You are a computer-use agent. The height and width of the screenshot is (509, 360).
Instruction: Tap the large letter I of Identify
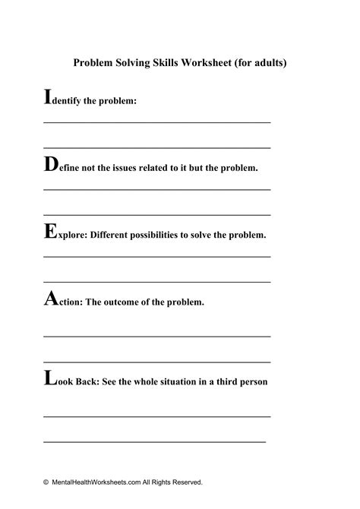pyautogui.click(x=48, y=98)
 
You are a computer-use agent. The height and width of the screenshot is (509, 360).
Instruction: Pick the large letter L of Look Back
pyautogui.click(x=49, y=378)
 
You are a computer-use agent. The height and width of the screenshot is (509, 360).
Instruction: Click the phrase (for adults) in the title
pyautogui.click(x=262, y=64)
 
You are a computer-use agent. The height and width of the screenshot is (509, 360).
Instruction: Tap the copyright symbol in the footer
pyautogui.click(x=46, y=482)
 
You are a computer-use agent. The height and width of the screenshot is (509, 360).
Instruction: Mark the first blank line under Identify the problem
pyautogui.click(x=157, y=122)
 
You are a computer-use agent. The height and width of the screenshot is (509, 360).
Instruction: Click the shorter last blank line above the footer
pyautogui.click(x=155, y=441)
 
